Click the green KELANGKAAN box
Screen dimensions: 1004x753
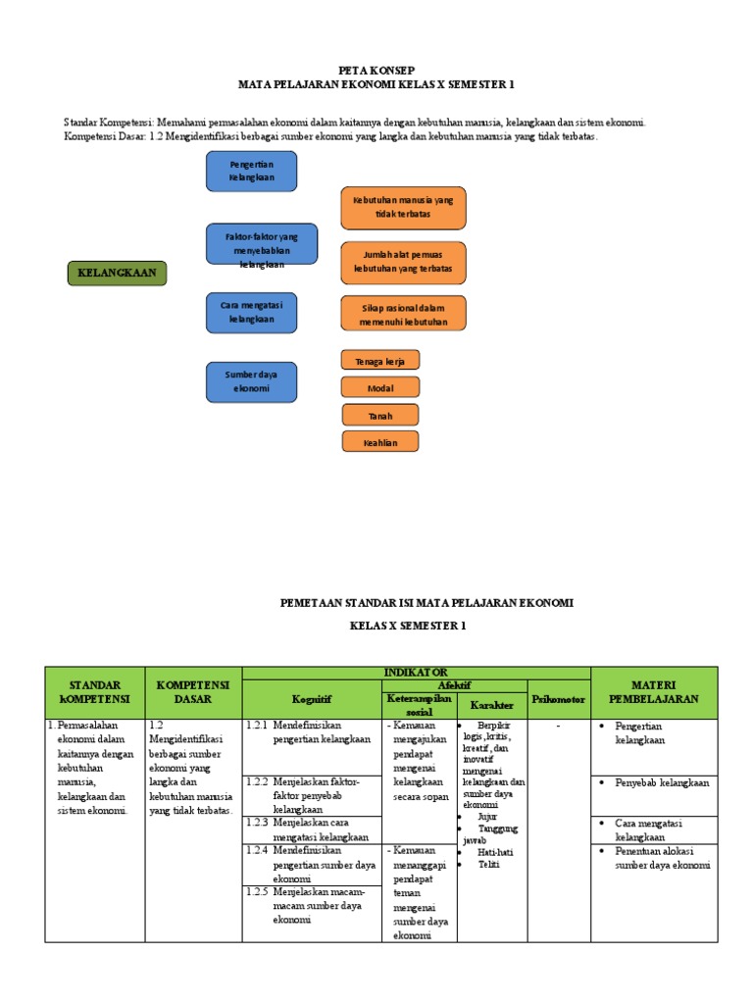click(117, 274)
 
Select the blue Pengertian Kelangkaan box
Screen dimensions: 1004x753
click(251, 172)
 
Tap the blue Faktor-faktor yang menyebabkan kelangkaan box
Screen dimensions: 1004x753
click(262, 244)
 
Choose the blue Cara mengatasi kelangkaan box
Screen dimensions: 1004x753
click(251, 312)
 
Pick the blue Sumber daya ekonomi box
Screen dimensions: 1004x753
click(251, 381)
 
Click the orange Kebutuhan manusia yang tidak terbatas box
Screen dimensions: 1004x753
click(403, 208)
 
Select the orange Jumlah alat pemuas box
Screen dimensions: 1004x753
click(403, 262)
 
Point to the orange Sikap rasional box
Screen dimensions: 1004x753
click(403, 314)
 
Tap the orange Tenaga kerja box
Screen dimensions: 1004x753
click(380, 361)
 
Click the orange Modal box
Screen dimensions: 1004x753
click(380, 388)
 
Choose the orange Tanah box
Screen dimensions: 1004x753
click(380, 416)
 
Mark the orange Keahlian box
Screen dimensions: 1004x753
click(380, 443)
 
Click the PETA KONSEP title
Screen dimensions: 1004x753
click(376, 71)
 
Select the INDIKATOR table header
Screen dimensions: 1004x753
click(417, 673)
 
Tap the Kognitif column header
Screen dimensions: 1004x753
click(312, 699)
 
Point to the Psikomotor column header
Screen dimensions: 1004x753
click(559, 699)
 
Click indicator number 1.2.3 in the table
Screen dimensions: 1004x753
click(256, 823)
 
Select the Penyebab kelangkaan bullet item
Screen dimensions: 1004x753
click(661, 783)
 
